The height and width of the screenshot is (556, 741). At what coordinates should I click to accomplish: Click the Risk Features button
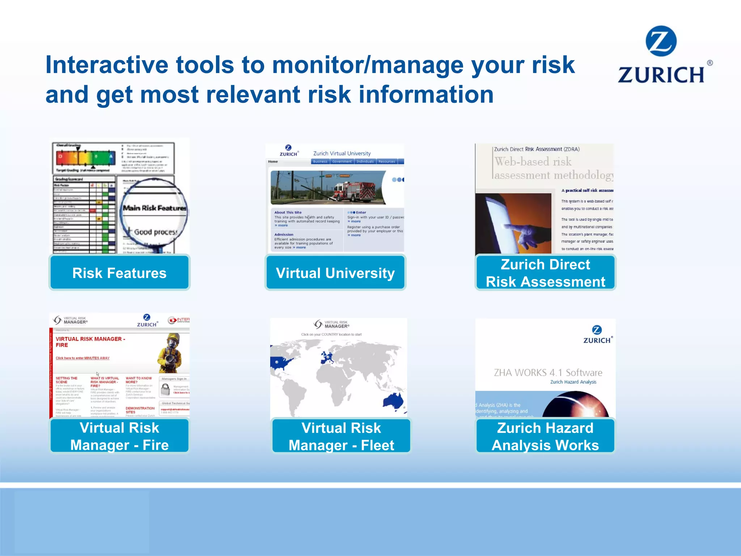pyautogui.click(x=119, y=273)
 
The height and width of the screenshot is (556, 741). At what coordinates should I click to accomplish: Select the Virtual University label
pyautogui.click(x=335, y=273)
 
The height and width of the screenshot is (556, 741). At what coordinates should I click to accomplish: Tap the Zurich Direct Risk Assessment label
pyautogui.click(x=545, y=273)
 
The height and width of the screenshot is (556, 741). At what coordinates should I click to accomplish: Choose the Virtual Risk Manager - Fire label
pyautogui.click(x=119, y=436)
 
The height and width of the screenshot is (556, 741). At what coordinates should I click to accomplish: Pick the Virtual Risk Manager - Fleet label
pyautogui.click(x=341, y=436)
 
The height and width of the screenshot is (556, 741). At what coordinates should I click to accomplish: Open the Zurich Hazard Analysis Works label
pyautogui.click(x=545, y=436)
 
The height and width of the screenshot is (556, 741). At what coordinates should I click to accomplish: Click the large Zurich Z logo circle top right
pyautogui.click(x=661, y=41)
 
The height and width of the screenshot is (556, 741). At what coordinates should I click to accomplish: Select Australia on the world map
pyautogui.click(x=394, y=401)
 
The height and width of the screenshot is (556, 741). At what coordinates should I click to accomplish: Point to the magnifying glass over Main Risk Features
pyautogui.click(x=154, y=214)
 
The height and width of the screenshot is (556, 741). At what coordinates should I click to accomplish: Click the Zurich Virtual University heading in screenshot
pyautogui.click(x=342, y=153)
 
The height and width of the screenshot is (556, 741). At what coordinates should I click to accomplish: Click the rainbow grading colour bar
pyautogui.click(x=86, y=157)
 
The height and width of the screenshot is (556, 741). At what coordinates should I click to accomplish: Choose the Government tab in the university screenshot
pyautogui.click(x=342, y=161)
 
